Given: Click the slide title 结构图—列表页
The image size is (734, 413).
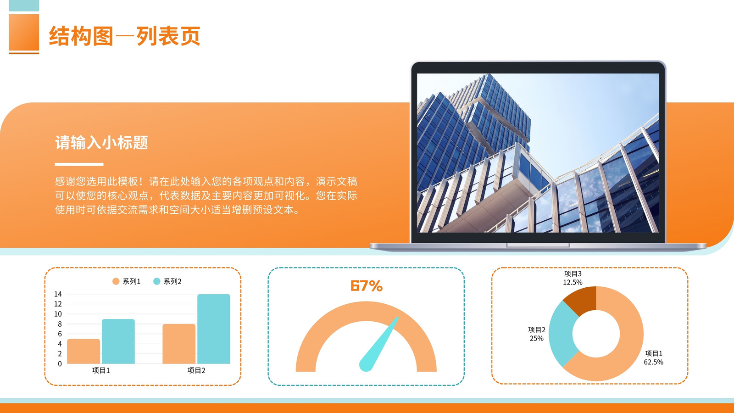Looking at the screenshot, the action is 124,36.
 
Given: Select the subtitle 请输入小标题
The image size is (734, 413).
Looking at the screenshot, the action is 101,143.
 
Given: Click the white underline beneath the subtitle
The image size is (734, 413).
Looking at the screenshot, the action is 79,164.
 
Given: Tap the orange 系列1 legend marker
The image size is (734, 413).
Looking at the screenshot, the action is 116,281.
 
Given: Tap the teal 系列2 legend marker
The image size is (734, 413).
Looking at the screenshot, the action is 156,281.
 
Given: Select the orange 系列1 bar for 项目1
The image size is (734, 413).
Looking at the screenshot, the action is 83,351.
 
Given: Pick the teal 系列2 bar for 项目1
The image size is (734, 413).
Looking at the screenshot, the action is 118,341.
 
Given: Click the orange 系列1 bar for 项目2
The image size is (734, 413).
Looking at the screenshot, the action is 179,344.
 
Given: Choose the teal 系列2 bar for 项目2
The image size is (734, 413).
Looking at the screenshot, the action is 214,329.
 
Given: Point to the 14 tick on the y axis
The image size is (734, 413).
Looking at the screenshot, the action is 58,294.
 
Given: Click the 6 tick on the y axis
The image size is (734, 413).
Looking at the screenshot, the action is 60,334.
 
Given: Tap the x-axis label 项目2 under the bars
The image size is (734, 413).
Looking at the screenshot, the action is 196,370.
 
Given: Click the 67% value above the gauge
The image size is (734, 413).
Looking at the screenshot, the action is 367,286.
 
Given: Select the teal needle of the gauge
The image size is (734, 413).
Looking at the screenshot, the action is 379,344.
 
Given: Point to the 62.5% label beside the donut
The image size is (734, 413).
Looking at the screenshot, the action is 653,362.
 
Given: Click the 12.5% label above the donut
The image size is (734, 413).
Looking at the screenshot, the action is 573,282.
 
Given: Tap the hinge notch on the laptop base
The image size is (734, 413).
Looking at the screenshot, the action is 538,245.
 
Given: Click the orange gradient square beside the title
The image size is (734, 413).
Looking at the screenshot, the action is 24,32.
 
